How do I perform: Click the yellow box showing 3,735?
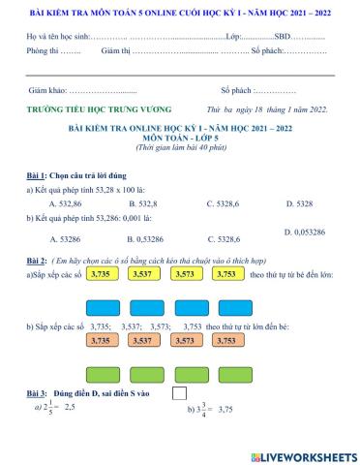click(101, 274)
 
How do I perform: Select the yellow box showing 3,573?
click(182, 274)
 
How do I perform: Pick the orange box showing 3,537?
click(141, 340)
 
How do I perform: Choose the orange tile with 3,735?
click(100, 340)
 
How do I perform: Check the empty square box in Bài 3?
click(179, 393)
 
